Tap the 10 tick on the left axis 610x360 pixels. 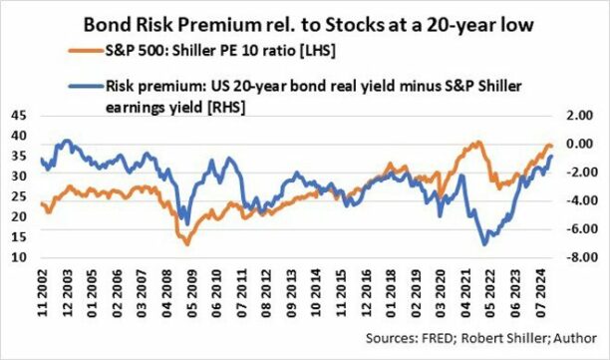click(x=19, y=257)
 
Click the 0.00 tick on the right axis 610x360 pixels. click(x=578, y=144)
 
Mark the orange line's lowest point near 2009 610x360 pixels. click(x=181, y=243)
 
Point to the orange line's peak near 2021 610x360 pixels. click(x=475, y=143)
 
